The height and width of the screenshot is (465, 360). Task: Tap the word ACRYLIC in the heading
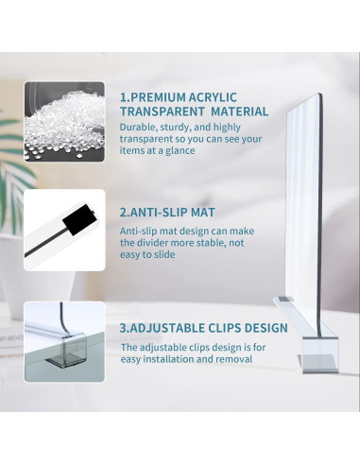click(x=213, y=97)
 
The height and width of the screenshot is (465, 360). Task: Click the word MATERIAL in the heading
click(x=240, y=112)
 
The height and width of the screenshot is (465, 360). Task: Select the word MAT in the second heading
click(x=203, y=212)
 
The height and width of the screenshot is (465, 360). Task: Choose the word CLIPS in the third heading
click(x=222, y=328)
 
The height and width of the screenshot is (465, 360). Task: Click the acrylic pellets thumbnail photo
click(x=64, y=122)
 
